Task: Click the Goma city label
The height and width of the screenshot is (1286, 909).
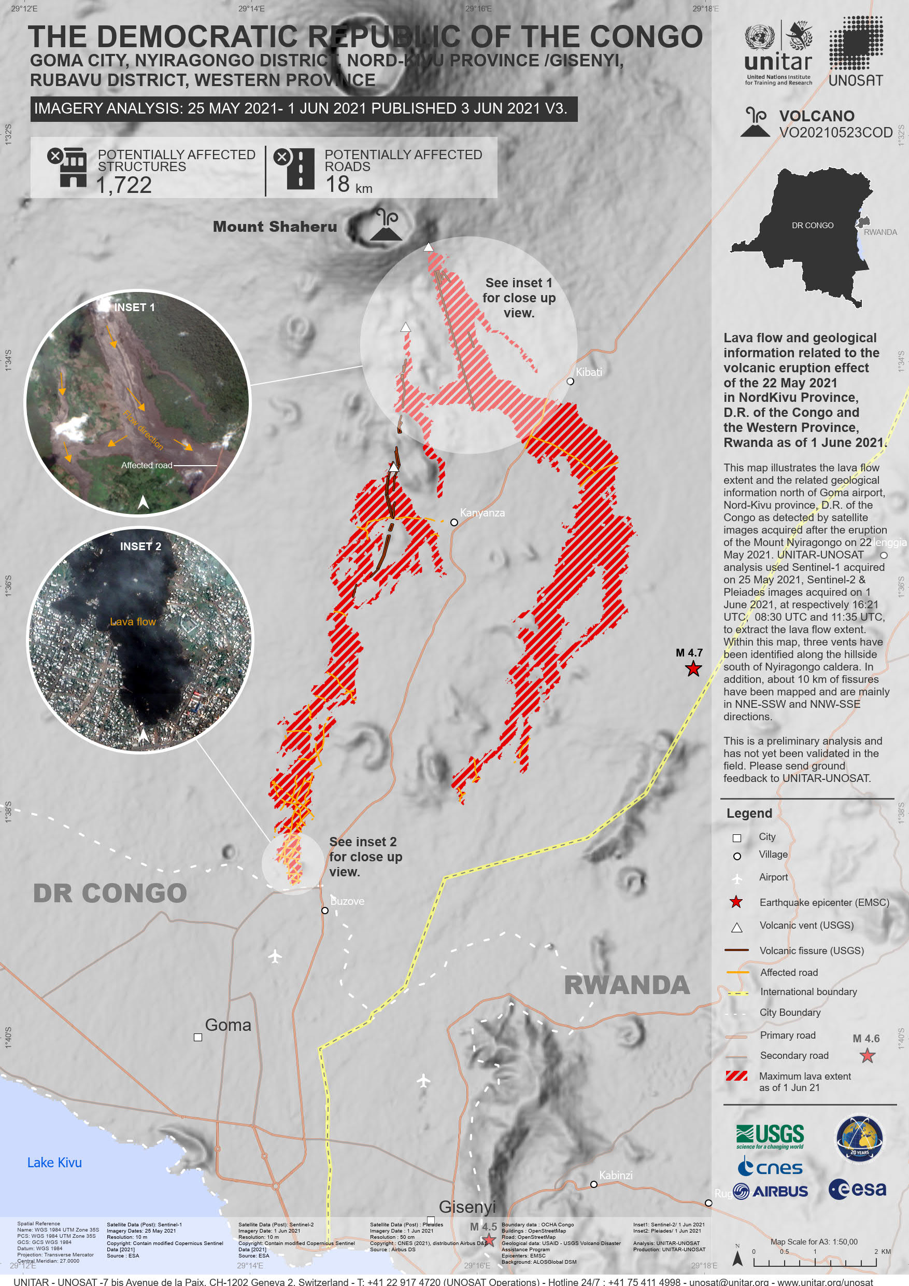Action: [228, 1025]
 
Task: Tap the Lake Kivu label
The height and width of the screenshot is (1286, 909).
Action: [54, 1163]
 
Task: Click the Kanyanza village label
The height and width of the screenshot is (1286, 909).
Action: [482, 513]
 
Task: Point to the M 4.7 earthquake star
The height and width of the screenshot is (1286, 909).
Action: [693, 669]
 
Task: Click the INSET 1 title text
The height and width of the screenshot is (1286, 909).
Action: [134, 307]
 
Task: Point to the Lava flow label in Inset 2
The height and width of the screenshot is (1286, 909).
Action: [133, 622]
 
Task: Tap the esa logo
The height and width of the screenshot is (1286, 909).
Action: [858, 1189]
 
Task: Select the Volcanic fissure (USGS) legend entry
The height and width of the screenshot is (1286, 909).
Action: [811, 950]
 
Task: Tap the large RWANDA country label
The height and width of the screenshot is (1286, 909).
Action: [627, 985]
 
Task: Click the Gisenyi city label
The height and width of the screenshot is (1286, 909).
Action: [467, 1207]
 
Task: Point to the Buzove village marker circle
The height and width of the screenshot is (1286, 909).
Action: [324, 911]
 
